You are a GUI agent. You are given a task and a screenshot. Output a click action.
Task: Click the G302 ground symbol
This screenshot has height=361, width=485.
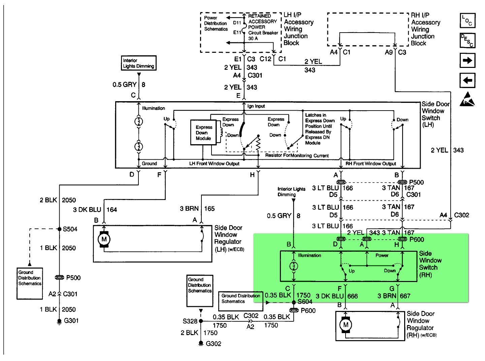tap(201, 344)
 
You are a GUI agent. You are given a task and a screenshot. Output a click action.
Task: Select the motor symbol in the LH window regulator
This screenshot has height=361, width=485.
tap(104, 239)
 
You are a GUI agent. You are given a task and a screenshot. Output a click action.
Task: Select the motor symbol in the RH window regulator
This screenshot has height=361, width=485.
tap(346, 325)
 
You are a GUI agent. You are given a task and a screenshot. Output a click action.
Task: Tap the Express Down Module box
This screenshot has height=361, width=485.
tap(203, 132)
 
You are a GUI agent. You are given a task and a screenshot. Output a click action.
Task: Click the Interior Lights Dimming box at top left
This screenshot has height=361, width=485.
tap(138, 63)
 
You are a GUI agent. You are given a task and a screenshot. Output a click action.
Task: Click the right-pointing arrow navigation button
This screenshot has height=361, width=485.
tap(467, 61)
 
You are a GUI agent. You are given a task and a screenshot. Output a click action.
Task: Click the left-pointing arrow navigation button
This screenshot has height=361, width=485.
tap(467, 80)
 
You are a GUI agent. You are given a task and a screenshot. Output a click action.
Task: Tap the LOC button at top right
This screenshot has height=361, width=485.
tap(467, 21)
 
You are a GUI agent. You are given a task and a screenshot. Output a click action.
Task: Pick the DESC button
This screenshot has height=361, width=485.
tap(467, 40)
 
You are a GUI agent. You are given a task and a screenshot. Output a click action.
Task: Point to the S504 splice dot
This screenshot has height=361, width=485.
tap(59, 229)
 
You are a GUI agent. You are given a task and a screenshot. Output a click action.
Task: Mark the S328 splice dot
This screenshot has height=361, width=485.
tap(201, 321)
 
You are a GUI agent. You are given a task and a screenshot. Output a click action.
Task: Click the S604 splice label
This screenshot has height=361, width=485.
tap(305, 302)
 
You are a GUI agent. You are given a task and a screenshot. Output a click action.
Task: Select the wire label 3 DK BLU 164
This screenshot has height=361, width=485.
tap(95, 210)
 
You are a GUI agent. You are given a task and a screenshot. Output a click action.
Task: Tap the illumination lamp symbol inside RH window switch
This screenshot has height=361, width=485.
tap(294, 266)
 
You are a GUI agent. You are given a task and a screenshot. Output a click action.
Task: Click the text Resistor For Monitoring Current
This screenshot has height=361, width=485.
tap(297, 155)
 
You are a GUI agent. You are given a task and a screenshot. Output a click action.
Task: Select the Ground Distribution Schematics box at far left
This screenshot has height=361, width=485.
tap(30, 283)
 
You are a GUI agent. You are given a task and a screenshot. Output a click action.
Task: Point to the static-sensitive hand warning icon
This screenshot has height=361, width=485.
tap(467, 99)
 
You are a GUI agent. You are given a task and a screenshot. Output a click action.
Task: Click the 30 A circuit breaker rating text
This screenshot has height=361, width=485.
tap(253, 38)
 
